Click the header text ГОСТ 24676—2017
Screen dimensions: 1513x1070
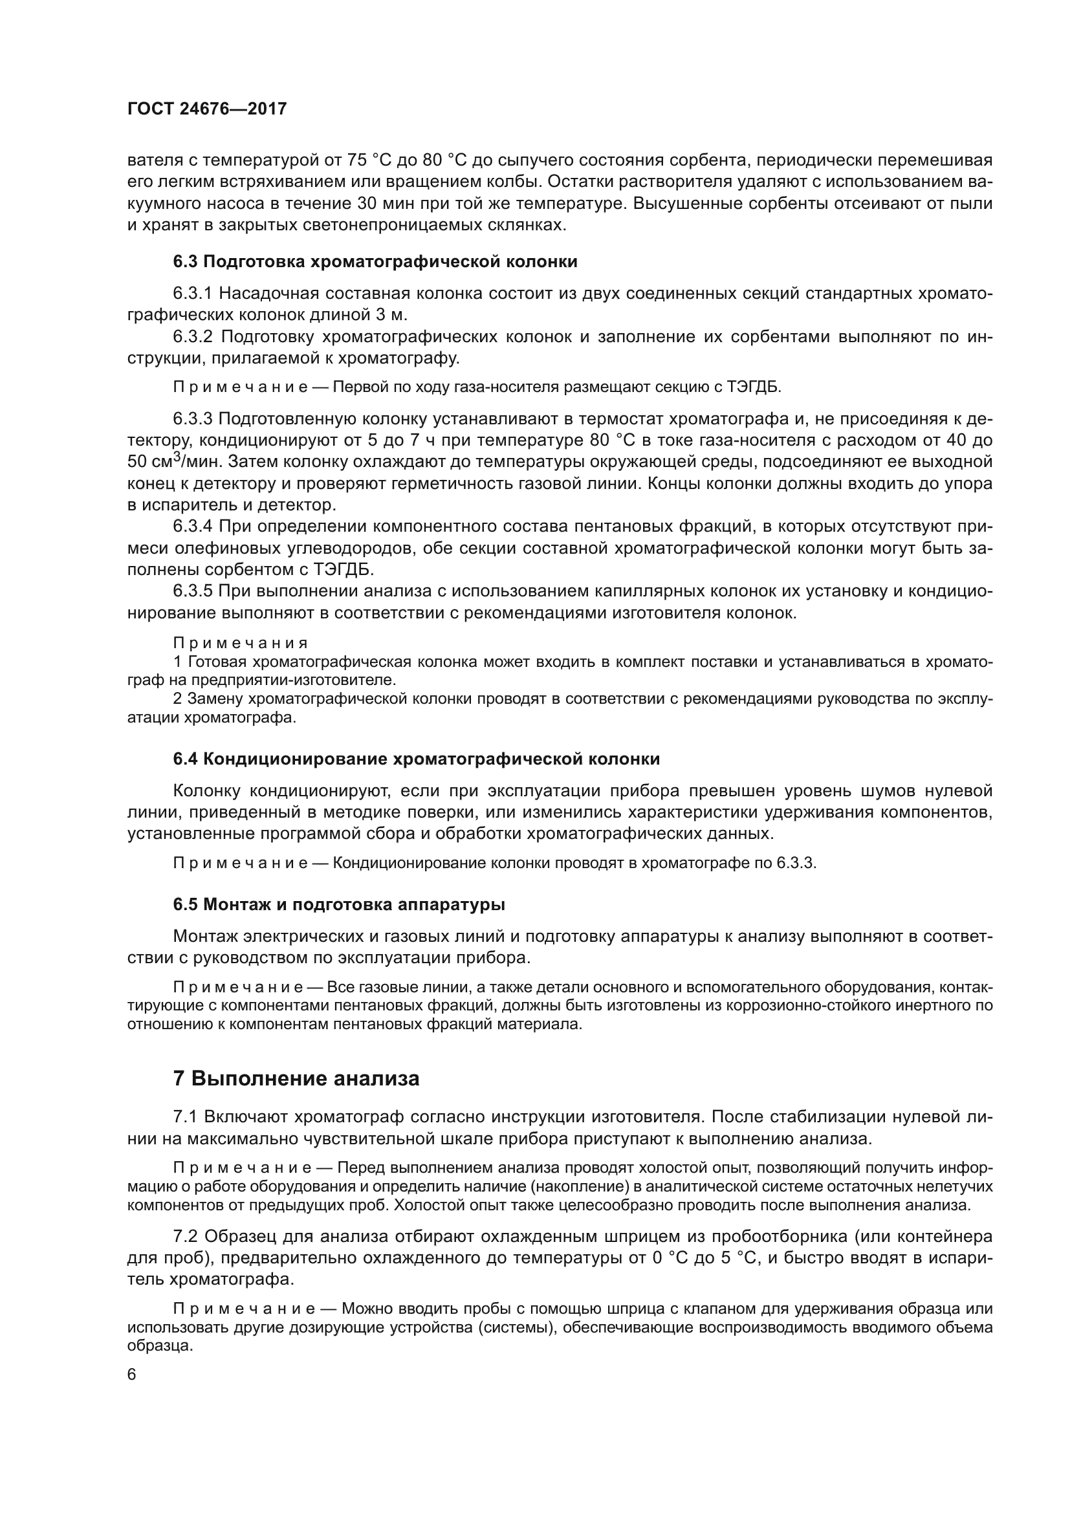point(207,109)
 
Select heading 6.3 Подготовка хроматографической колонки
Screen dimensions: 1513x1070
point(375,261)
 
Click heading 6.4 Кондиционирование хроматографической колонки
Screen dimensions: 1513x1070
point(416,759)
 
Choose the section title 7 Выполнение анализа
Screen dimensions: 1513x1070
point(296,1079)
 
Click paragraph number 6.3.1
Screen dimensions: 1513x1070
point(193,293)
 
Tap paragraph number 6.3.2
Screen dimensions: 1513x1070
point(193,337)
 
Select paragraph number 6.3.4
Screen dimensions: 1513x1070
point(193,527)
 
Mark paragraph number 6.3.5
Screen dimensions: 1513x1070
point(193,591)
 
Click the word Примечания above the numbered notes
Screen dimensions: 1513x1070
point(241,642)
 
